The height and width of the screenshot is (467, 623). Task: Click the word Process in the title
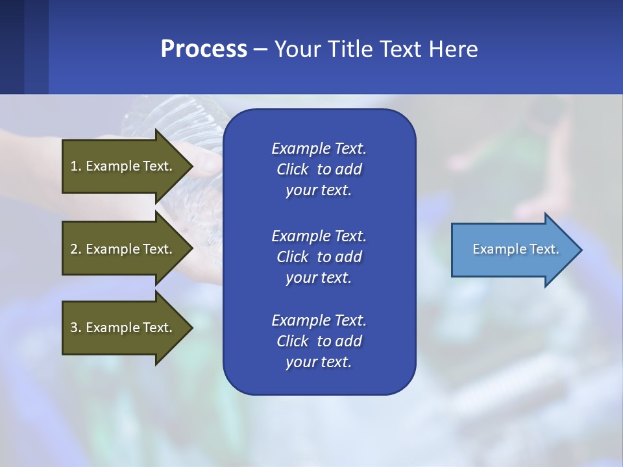click(x=204, y=49)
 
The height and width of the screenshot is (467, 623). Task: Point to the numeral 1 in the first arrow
click(x=74, y=166)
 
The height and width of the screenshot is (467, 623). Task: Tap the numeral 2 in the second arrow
click(x=74, y=249)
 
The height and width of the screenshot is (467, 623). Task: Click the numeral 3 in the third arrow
click(x=74, y=328)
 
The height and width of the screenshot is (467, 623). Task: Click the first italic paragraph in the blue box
click(x=319, y=169)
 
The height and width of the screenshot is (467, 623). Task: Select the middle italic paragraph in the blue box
click(x=319, y=257)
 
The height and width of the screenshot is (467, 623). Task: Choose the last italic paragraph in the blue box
click(x=319, y=341)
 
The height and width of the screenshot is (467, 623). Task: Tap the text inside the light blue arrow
click(x=515, y=249)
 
